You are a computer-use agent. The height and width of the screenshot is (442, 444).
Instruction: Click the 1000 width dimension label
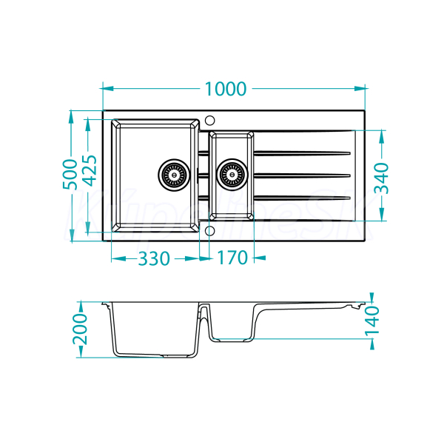(x=225, y=89)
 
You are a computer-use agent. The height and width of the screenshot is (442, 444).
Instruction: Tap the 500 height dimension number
(x=71, y=174)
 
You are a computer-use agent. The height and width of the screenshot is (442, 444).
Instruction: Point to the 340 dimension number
(x=382, y=177)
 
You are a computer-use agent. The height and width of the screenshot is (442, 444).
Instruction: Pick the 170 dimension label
(x=232, y=258)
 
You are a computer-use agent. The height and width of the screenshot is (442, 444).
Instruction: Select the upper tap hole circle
(x=209, y=118)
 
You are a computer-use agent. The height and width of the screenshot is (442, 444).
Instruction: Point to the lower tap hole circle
(x=209, y=231)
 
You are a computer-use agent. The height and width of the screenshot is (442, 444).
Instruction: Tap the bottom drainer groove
(x=303, y=197)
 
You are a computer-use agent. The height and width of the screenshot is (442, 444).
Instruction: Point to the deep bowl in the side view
(x=156, y=329)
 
